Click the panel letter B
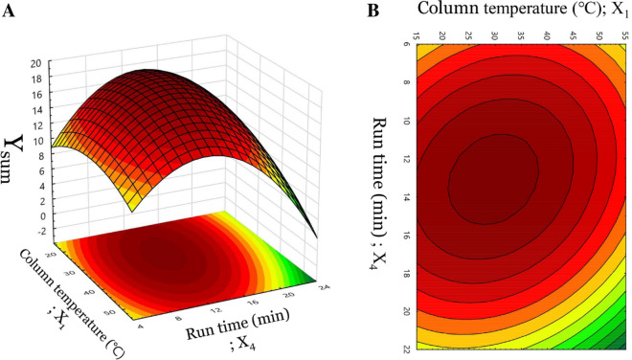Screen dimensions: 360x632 pyautogui.click(x=373, y=11)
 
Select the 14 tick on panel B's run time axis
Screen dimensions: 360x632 pyautogui.click(x=407, y=196)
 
